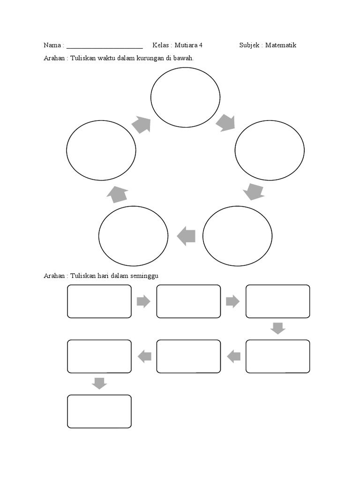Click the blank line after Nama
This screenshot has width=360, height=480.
pos(105,47)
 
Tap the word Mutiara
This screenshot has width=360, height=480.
pos(186,45)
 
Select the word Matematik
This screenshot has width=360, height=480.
pos(281,45)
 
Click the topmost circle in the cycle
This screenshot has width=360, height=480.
pos(185,97)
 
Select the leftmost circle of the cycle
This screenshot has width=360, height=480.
pos(101,150)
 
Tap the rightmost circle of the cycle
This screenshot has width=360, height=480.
pos(270,150)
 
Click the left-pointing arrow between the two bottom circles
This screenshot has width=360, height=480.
pos(186,236)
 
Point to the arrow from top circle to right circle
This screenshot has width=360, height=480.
pos(225,123)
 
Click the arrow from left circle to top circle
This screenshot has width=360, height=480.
pos(141,125)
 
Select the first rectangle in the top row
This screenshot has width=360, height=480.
pos(99,301)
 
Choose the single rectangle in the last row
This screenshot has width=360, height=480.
pos(99,411)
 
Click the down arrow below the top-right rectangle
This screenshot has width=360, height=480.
pos(278,328)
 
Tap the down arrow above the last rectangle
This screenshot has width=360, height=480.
pos(99,383)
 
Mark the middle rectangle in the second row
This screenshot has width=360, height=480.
pos(188,357)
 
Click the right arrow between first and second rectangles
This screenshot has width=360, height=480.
pos(143,301)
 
